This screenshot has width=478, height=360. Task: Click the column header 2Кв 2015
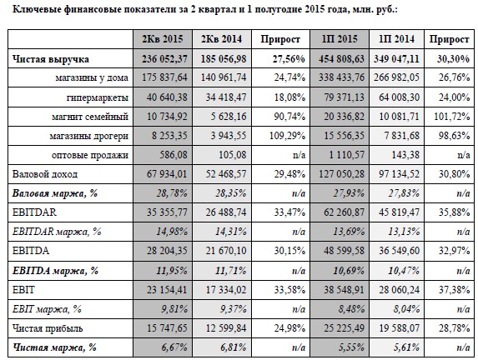pos(163,39)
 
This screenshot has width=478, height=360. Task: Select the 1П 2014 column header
pos(396,39)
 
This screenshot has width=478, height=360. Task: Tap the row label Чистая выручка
pos(51,59)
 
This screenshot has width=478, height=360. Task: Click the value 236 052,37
pos(164,59)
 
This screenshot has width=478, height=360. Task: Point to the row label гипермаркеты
pos(98,97)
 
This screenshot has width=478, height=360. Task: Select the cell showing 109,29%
pos(287,136)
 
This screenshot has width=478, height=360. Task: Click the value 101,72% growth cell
pos(452,117)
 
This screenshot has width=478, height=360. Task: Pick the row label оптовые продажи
pos(90,155)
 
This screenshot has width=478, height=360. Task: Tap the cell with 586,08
pos(174,155)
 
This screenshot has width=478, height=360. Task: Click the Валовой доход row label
pos(45,174)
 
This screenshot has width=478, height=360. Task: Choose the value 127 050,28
pos(341,174)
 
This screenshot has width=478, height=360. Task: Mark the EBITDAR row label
pos(34,212)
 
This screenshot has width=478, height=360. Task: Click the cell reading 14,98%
pos(172,232)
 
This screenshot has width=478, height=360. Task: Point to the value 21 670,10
pos(226,251)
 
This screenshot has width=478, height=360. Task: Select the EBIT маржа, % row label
pos(47,309)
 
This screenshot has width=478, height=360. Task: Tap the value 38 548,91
pos(344,289)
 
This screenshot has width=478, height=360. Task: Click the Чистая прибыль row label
pos(48,328)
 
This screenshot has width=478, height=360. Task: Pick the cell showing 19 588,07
pos(400,328)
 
